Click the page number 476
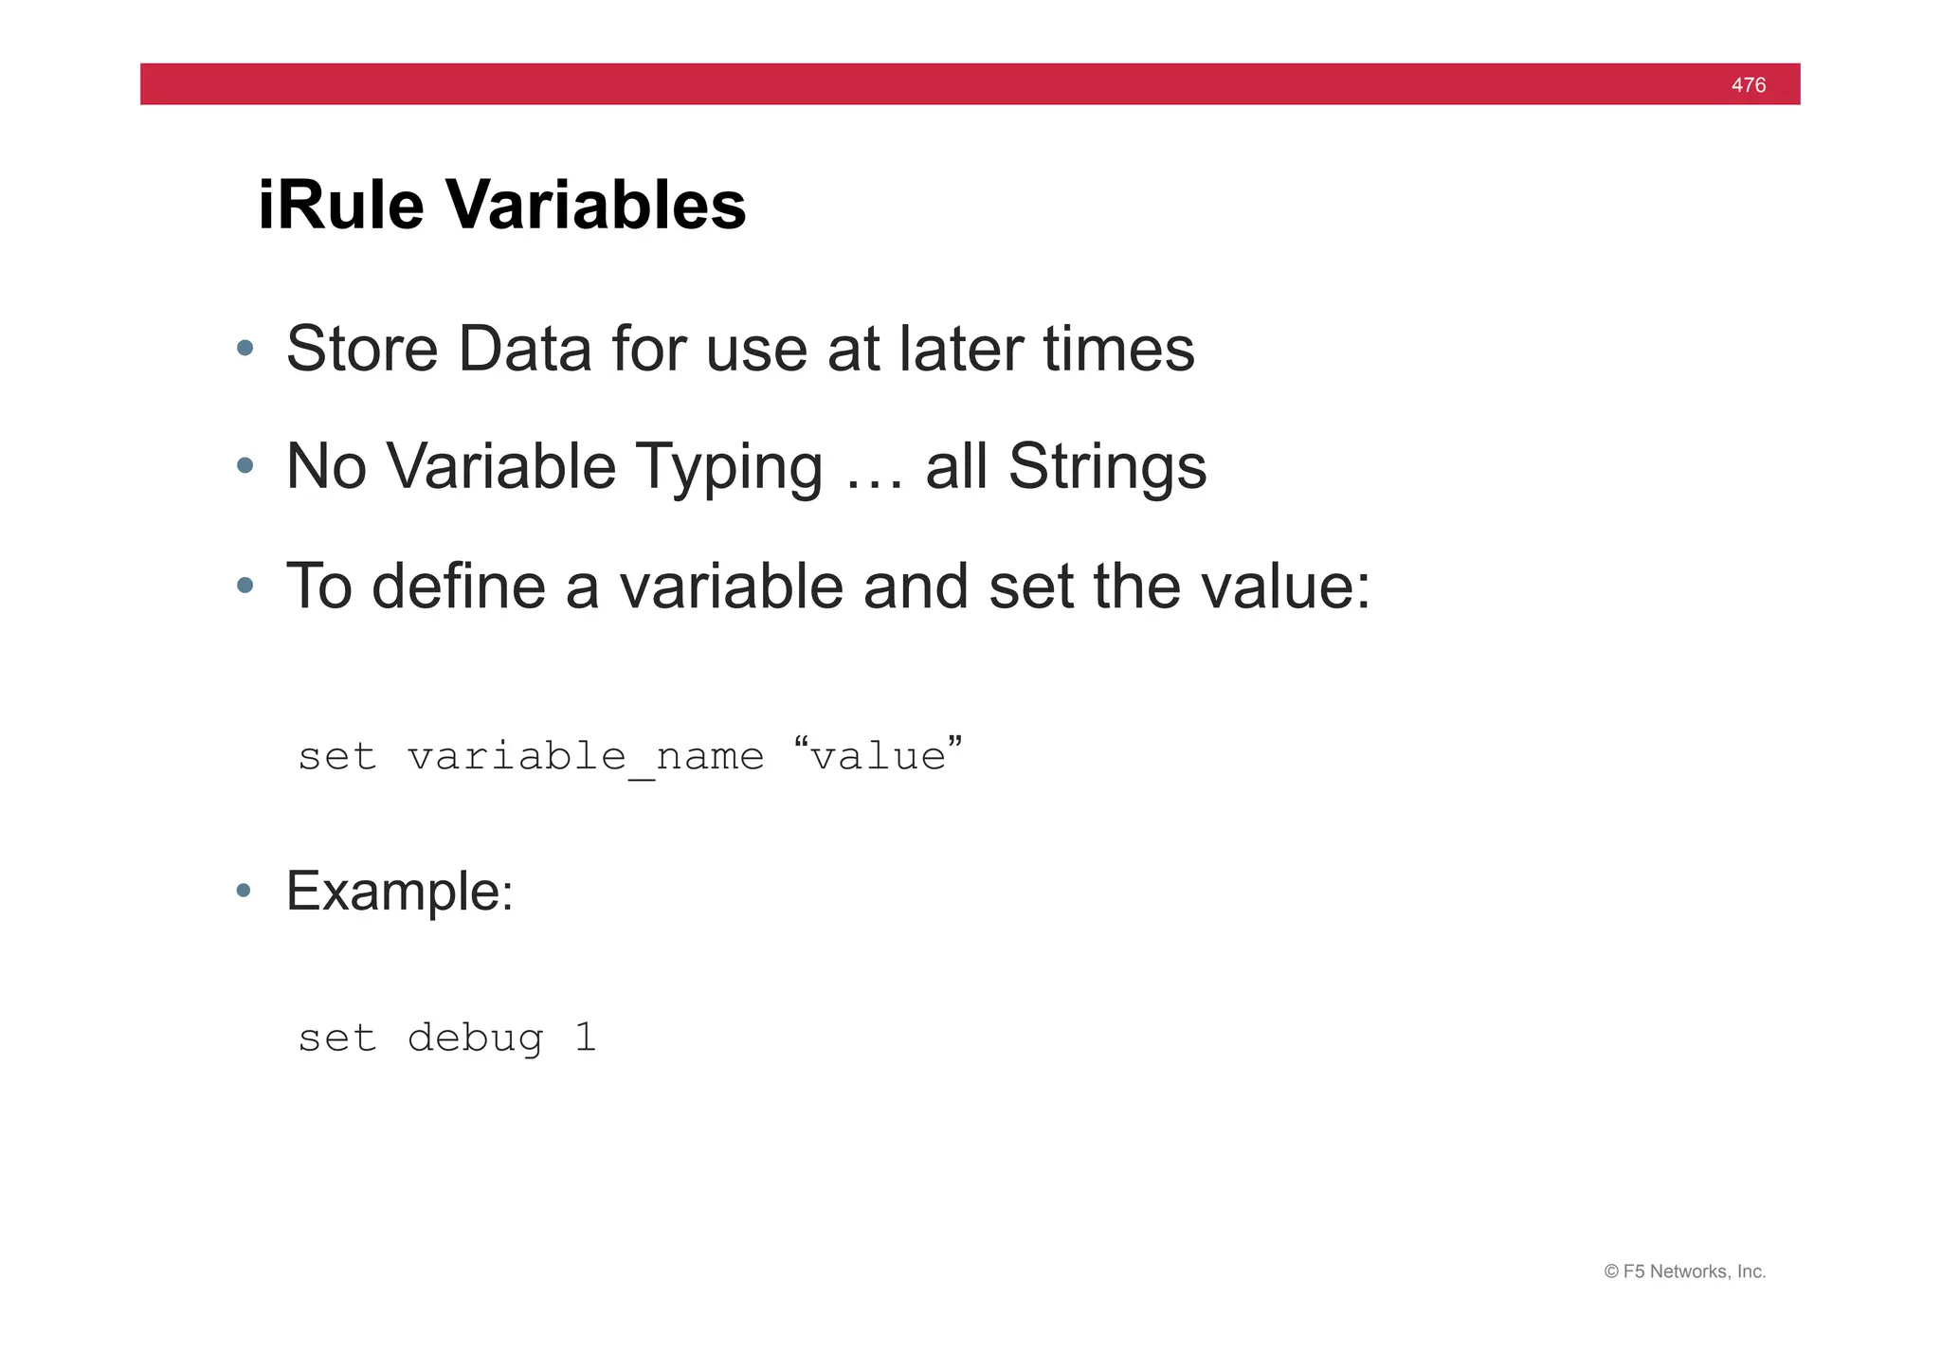pos(1748,85)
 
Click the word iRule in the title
pos(340,205)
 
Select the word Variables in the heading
pos(596,205)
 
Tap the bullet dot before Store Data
pos(245,348)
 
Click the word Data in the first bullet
pos(524,349)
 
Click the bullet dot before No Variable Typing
pos(245,465)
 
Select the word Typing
pos(728,468)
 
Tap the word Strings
pos(1107,468)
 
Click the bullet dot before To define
pos(245,586)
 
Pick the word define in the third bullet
pos(459,586)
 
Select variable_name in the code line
pos(585,757)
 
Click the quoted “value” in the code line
pos(877,755)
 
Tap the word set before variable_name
pos(337,757)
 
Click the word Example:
pos(399,892)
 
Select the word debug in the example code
pos(475,1038)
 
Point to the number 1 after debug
pos(585,1037)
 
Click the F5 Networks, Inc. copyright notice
pos(1684,1272)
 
